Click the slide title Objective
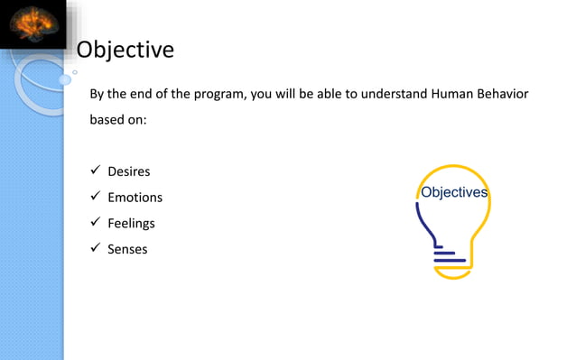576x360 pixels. (x=125, y=50)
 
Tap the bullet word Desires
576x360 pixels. (x=129, y=171)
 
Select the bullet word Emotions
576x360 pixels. (x=135, y=197)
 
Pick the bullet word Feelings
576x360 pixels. (x=132, y=223)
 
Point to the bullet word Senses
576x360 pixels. (x=127, y=248)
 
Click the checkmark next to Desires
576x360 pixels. (x=94, y=171)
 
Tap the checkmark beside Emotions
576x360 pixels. (x=94, y=197)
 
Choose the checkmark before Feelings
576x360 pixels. (x=94, y=223)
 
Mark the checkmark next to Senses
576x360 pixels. (x=94, y=248)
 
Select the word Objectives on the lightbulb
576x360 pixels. (x=455, y=192)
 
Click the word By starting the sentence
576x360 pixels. (x=97, y=94)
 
